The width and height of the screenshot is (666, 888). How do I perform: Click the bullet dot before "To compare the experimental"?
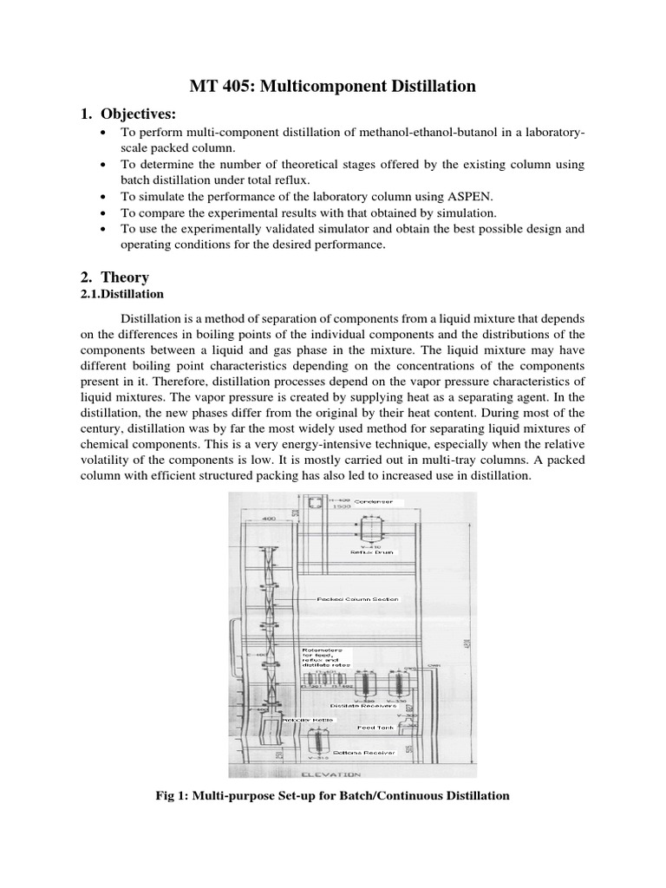pos(104,213)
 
